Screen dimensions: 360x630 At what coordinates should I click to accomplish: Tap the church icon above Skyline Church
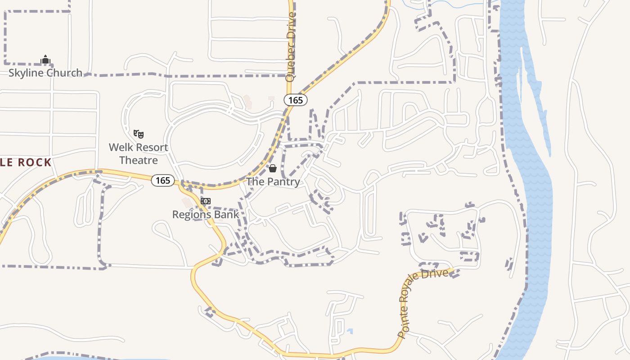[45, 59]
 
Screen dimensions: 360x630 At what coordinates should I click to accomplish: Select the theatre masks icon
[139, 134]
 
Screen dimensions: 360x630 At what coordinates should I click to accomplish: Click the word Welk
[121, 148]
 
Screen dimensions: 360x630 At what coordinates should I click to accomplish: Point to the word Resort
[152, 148]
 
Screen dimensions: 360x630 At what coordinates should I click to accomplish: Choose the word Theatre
[139, 160]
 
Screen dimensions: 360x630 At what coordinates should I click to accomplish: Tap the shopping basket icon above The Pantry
[273, 168]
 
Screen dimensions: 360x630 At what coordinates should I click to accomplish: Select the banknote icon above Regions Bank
[206, 201]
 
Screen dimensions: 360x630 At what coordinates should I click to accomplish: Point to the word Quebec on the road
[291, 65]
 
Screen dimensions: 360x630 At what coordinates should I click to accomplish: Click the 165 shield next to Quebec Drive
[296, 100]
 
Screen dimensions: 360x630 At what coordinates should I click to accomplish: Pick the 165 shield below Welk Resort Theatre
[163, 180]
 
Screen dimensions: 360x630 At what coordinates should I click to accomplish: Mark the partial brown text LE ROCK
[26, 163]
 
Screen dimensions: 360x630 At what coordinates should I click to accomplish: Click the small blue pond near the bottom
[350, 332]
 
